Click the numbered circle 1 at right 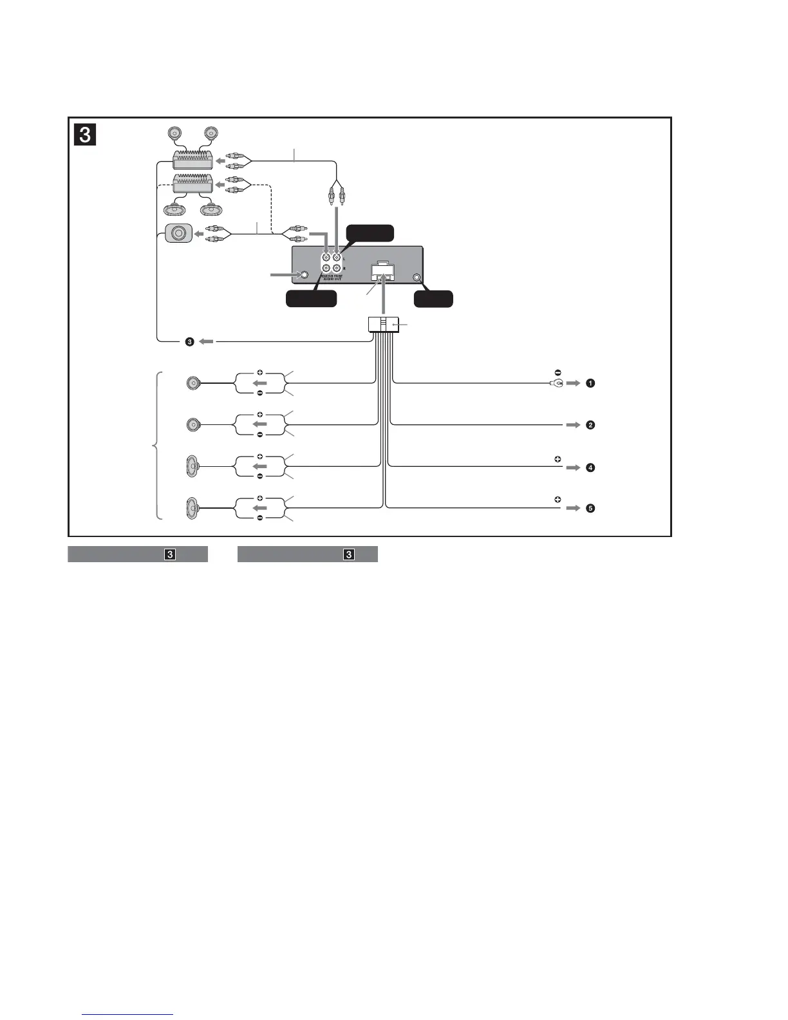click(590, 383)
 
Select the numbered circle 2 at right click(590, 425)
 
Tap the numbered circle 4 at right click(590, 467)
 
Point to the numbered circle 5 click(590, 509)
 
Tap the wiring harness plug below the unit click(383, 325)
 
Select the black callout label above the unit click(370, 232)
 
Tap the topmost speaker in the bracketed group click(194, 384)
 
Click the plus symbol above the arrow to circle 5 click(558, 499)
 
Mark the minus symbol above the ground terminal click(558, 373)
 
